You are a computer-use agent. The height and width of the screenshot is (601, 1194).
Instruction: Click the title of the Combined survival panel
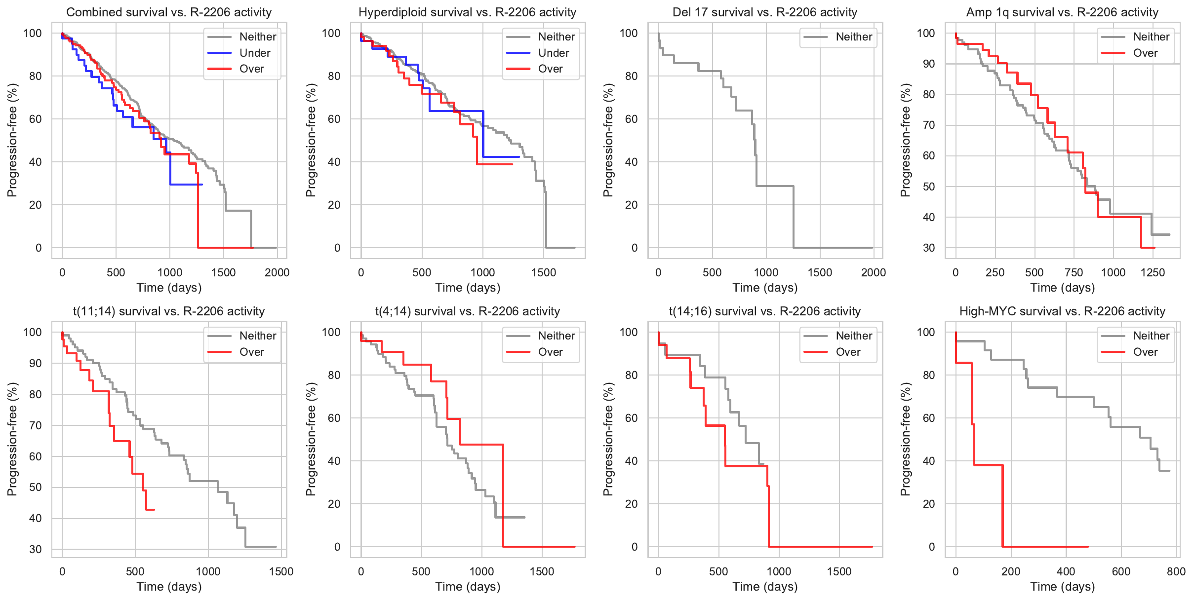click(x=169, y=12)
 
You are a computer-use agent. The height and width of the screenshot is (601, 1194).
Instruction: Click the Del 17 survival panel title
click(x=764, y=12)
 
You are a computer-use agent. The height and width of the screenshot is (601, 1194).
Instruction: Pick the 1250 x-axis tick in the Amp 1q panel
click(x=1153, y=272)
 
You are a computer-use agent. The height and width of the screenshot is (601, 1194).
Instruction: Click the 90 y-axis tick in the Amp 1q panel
click(x=929, y=64)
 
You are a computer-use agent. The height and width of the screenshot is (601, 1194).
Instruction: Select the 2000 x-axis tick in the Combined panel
click(x=277, y=272)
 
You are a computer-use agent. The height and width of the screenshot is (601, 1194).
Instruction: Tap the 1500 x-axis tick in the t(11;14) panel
click(x=281, y=571)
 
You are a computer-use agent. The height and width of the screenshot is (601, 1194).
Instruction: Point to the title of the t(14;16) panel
click(x=764, y=311)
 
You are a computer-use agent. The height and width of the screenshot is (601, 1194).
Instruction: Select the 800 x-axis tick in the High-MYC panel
click(x=1176, y=571)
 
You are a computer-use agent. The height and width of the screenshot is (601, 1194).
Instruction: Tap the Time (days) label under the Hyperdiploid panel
click(x=468, y=288)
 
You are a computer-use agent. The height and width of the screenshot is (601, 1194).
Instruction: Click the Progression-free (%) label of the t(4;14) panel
click(x=311, y=439)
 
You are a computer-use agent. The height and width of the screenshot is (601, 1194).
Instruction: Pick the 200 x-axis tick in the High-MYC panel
click(x=1010, y=571)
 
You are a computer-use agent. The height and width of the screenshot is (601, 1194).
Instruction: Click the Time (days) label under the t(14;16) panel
click(x=765, y=587)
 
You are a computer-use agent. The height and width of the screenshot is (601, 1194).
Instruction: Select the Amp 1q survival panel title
click(x=1062, y=12)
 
